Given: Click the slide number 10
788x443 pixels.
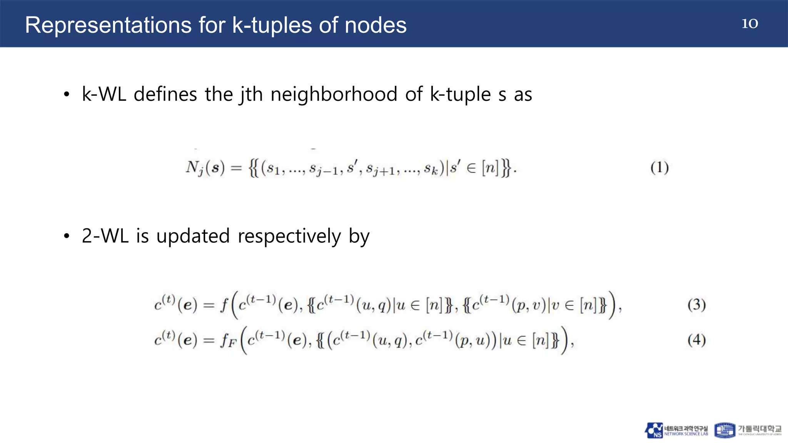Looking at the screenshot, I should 750,23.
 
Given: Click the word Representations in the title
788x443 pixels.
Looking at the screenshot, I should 108,25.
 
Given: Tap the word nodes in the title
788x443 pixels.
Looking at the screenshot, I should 375,25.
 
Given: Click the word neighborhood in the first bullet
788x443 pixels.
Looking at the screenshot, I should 334,94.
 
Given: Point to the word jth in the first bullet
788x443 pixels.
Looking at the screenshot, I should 251,95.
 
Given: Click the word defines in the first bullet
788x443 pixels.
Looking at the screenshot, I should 165,94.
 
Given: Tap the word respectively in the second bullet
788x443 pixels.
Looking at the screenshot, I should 289,236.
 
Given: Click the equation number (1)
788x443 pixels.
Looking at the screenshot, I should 659,168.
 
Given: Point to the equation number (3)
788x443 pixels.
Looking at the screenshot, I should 696,305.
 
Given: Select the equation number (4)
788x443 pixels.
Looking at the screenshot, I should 696,340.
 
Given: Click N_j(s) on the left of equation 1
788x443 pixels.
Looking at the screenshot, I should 205,168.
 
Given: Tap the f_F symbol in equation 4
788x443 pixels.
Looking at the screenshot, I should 228,341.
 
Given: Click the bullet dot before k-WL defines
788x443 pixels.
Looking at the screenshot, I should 67,95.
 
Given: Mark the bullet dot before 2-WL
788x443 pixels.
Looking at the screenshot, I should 67,236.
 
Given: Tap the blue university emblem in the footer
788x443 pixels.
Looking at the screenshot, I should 724,430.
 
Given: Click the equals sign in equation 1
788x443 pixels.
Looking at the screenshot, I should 236,168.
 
